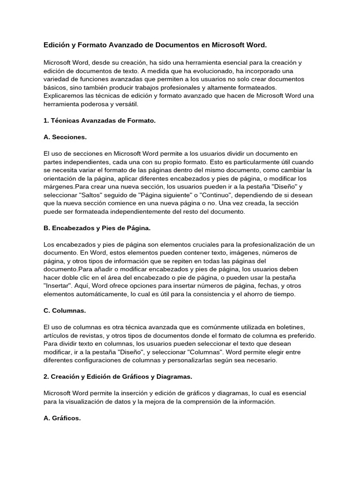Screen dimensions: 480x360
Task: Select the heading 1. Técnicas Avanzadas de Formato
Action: [99, 120]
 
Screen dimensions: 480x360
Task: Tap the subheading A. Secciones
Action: [65, 137]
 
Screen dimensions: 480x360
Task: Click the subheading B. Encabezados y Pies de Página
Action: [97, 228]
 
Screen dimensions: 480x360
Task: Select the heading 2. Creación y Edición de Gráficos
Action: [118, 376]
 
